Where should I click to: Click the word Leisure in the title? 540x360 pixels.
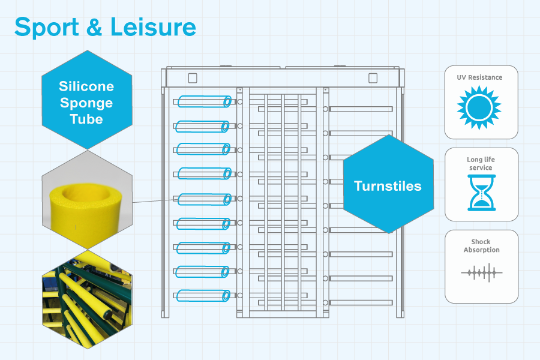click(x=153, y=27)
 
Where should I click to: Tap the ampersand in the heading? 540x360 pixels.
click(x=95, y=27)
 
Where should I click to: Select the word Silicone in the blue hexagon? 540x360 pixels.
click(x=86, y=86)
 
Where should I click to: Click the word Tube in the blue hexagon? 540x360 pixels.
click(x=86, y=119)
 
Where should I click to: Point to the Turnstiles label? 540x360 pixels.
click(x=388, y=186)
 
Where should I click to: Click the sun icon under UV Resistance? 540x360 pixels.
click(x=479, y=108)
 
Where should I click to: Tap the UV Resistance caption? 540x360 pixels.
click(x=479, y=77)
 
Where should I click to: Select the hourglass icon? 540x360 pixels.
click(x=481, y=193)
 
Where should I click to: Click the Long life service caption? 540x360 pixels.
click(x=481, y=164)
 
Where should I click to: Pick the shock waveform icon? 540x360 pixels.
click(x=481, y=273)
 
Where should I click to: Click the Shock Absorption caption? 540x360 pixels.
click(x=481, y=245)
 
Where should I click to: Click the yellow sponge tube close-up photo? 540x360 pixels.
click(x=87, y=200)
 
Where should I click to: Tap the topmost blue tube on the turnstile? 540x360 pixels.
click(x=204, y=101)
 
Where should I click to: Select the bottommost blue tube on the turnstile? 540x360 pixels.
click(x=203, y=296)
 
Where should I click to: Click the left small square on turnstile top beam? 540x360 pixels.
click(x=193, y=78)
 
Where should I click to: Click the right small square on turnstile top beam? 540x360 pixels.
click(x=373, y=78)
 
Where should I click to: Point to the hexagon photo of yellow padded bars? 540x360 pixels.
click(x=87, y=299)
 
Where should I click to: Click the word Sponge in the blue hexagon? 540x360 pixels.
click(x=86, y=103)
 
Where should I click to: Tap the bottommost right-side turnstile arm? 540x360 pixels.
click(x=361, y=302)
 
